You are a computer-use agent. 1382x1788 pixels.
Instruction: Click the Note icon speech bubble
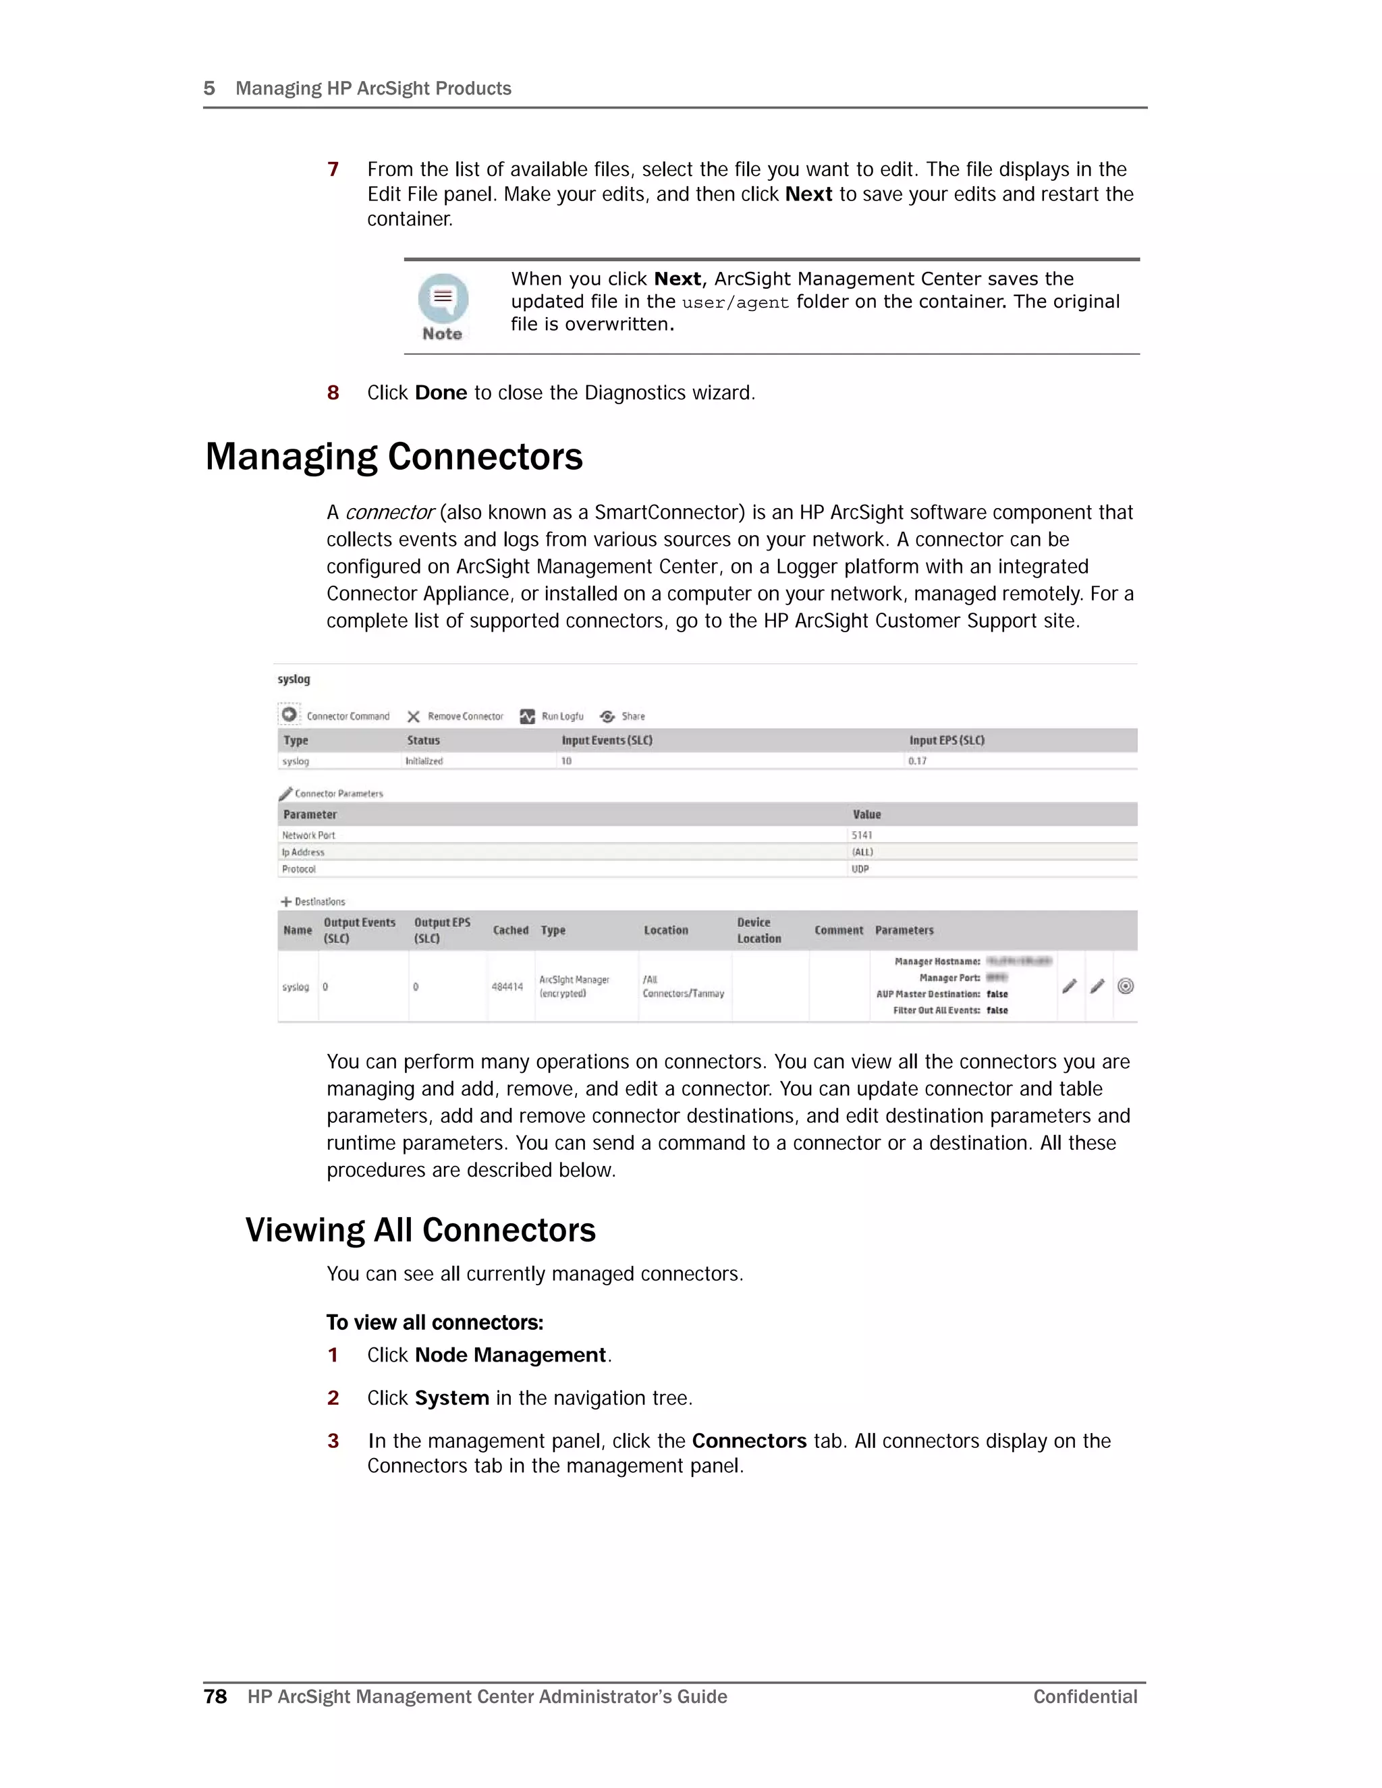tap(443, 298)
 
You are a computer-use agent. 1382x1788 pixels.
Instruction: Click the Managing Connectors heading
tap(394, 457)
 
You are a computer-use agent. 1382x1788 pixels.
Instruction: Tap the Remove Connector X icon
tap(414, 717)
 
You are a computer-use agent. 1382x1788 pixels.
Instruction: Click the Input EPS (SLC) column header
tap(947, 740)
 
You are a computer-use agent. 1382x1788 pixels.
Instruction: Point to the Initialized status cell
tap(424, 761)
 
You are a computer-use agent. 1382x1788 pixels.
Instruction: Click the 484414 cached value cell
tap(507, 986)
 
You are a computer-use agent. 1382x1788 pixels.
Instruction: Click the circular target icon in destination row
tap(1125, 986)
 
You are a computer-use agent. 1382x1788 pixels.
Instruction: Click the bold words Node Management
tap(510, 1355)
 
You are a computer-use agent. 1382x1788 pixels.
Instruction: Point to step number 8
tap(333, 393)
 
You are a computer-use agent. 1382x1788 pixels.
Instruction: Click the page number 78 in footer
tap(215, 1696)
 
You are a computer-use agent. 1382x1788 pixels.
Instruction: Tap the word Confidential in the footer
tap(1085, 1696)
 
